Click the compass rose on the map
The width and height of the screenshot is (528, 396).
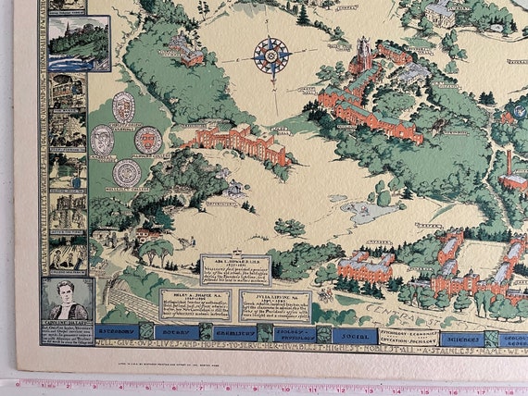[x=271, y=56]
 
